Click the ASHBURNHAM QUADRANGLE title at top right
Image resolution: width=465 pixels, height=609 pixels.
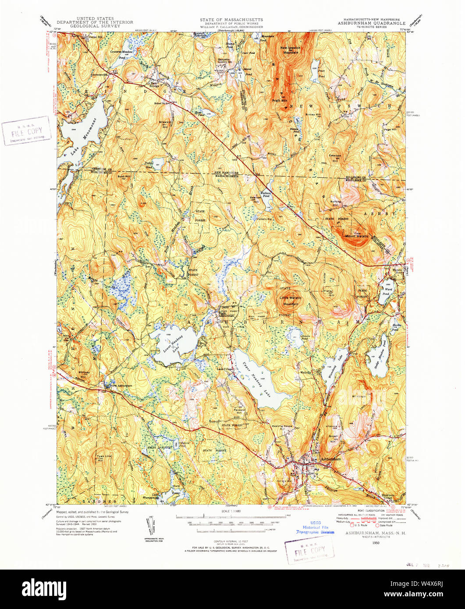tap(374, 24)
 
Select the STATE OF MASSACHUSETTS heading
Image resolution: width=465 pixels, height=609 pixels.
tap(231, 20)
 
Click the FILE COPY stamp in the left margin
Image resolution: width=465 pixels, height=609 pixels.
tap(26, 130)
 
